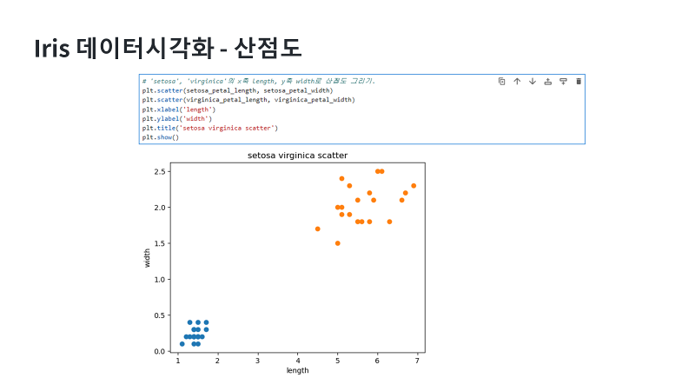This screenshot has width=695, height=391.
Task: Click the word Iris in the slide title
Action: [50, 48]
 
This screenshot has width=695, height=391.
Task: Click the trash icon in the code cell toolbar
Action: [579, 81]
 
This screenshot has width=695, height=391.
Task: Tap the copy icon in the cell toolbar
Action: [502, 81]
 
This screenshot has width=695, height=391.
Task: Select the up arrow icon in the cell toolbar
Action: [517, 81]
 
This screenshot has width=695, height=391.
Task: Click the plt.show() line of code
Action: [161, 137]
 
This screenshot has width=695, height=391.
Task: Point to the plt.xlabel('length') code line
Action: [179, 109]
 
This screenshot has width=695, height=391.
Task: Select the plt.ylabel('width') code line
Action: [177, 118]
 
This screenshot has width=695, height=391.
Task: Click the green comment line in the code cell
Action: [258, 81]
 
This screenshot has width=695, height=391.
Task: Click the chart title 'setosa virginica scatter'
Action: [297, 156]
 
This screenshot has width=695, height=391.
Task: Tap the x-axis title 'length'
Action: [297, 370]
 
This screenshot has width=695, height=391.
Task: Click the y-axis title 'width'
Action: [148, 257]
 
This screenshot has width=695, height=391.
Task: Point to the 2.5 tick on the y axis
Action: [160, 171]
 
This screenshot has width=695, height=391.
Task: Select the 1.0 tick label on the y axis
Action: [160, 280]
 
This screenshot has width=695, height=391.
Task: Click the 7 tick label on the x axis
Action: [417, 360]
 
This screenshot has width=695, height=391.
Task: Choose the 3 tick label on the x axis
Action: [258, 360]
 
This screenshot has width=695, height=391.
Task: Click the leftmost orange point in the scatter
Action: [317, 229]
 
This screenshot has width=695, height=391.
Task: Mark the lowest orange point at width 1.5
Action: [337, 243]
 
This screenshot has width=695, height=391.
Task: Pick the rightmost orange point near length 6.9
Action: [414, 185]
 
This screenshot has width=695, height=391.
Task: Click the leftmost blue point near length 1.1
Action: [182, 344]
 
